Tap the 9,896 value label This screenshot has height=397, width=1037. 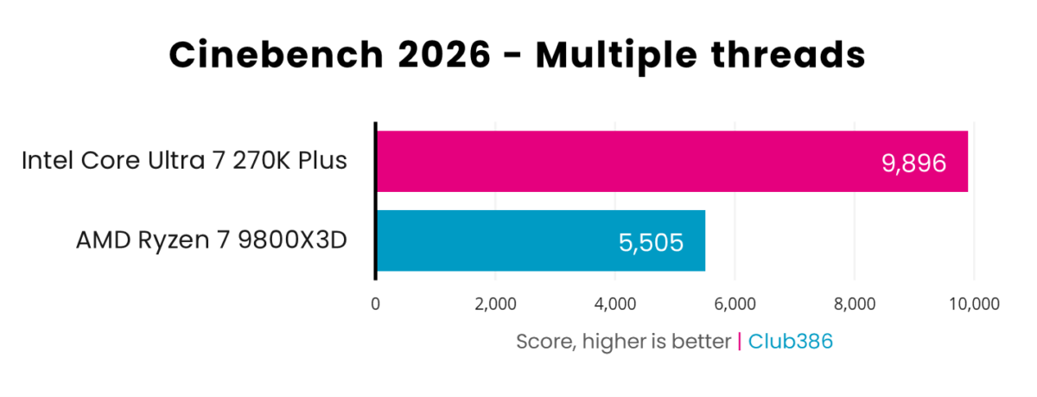pos(914,163)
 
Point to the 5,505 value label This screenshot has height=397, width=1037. pos(651,242)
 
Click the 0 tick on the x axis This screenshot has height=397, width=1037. pos(375,304)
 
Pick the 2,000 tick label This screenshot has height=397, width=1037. pos(494,304)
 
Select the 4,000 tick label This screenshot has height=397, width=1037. pos(614,304)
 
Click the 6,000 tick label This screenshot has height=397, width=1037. pos(735,304)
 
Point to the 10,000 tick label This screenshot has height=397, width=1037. pos(974,304)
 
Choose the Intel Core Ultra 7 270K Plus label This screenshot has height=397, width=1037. pos(184,161)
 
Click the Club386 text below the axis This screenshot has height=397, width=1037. pos(790,342)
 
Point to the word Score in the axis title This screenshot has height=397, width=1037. pos(542,342)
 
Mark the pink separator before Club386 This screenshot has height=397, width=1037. pos(739,342)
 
